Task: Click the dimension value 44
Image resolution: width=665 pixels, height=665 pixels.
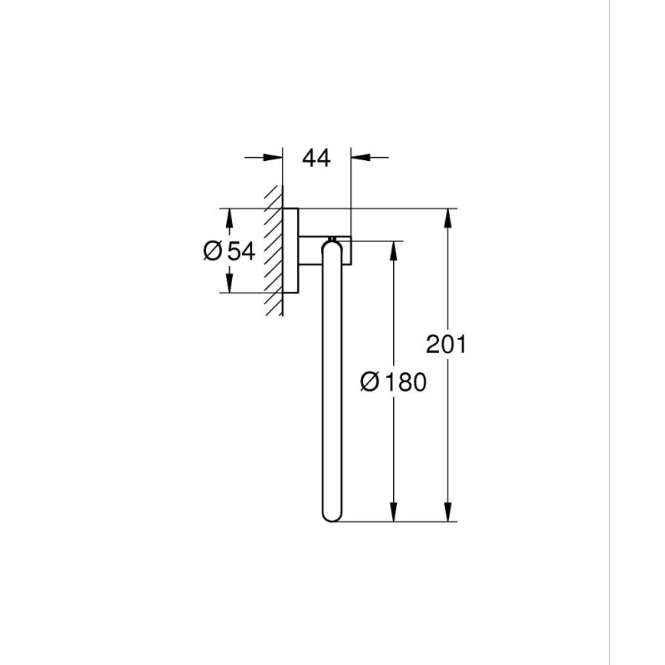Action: pos(316,159)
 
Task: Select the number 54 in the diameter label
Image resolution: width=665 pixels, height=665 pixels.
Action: pos(241,251)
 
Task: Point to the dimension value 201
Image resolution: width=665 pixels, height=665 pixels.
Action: pos(446,345)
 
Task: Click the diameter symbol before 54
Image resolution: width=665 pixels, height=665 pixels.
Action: pos(213,251)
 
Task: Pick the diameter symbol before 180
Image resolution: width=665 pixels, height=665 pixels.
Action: pos(369,381)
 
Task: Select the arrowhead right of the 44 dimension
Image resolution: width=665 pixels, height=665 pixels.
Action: pos(360,158)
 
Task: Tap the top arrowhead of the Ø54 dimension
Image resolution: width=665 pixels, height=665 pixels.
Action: pos(228,218)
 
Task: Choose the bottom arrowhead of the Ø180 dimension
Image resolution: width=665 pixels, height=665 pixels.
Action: pos(394,512)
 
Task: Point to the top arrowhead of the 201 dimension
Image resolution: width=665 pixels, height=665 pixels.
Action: pos(446,218)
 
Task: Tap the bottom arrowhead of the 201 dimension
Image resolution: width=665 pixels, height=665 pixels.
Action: pos(446,512)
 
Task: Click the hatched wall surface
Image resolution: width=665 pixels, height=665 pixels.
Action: pos(273,253)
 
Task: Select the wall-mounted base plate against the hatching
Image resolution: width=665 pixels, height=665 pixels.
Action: pos(290,251)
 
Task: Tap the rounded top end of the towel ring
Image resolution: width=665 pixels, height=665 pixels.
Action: pos(332,244)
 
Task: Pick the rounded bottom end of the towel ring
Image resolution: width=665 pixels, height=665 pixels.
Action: pos(332,516)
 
